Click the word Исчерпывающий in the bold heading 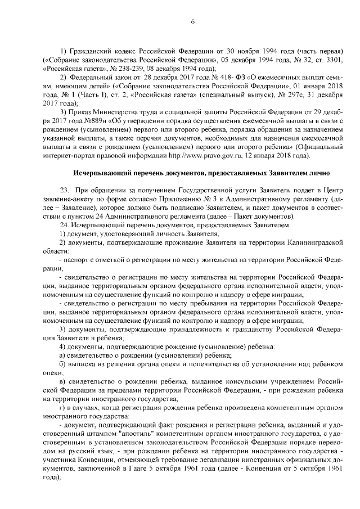coord(98,172)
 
